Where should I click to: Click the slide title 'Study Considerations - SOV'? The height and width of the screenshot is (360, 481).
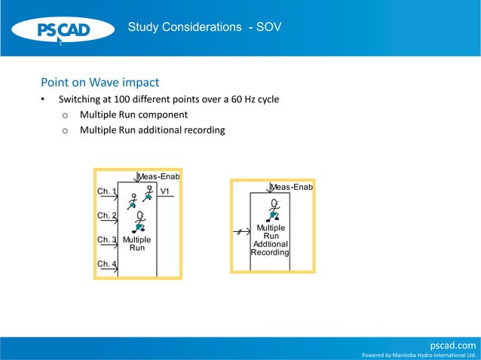tap(204, 27)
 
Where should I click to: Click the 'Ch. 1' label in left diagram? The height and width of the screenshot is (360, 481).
tap(106, 192)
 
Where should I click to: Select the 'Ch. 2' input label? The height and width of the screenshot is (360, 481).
tap(106, 216)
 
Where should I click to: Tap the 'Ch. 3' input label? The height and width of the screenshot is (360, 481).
tap(106, 240)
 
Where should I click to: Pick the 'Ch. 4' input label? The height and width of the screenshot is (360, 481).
tap(106, 264)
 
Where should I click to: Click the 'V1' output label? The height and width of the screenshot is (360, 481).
tap(164, 192)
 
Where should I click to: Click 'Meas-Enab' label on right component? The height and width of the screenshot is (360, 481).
tap(292, 187)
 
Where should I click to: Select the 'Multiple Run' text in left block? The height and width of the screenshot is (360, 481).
tap(136, 243)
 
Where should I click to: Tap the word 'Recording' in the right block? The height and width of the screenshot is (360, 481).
tap(270, 252)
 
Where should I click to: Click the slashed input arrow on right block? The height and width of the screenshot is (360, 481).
tap(241, 231)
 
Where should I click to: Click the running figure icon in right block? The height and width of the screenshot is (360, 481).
tap(274, 209)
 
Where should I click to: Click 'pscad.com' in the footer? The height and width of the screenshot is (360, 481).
tap(452, 345)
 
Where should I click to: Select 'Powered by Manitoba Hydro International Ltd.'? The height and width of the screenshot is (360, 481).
tap(419, 355)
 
